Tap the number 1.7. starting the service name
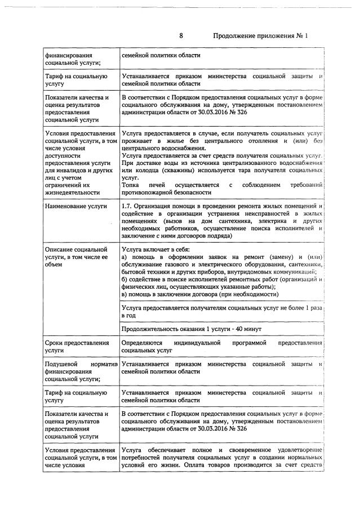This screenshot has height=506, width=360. [128, 207]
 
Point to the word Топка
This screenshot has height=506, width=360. [131, 185]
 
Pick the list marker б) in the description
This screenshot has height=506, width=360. [125, 279]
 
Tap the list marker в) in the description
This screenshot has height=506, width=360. [125, 294]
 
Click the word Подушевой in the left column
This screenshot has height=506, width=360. [62, 364]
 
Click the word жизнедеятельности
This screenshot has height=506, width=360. [73, 192]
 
